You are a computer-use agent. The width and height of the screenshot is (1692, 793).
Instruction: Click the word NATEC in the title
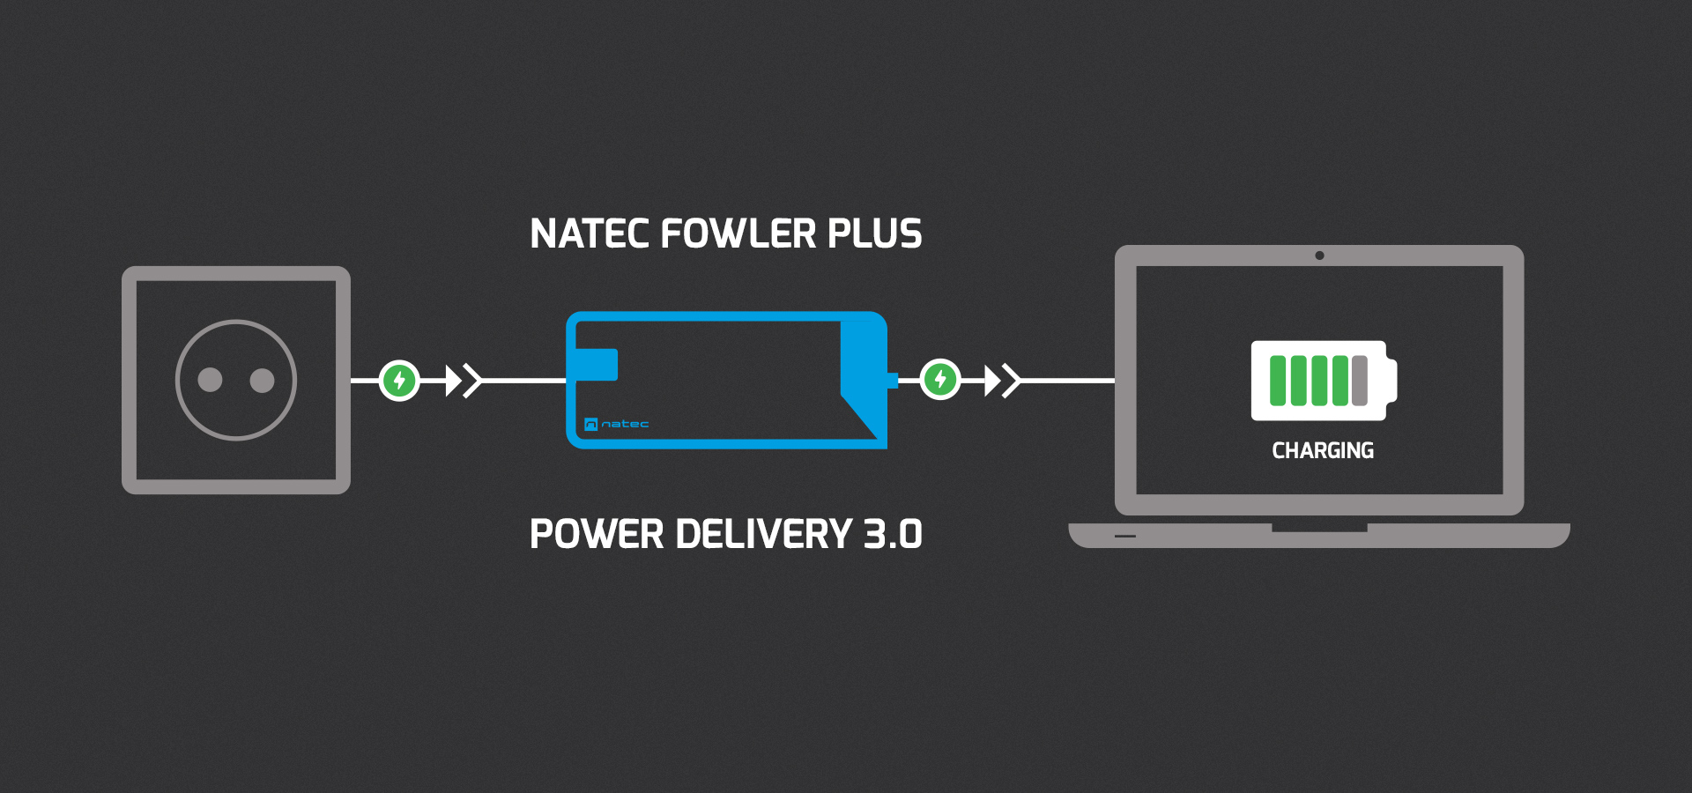pos(590,234)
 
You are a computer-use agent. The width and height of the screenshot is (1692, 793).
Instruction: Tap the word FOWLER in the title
pos(738,234)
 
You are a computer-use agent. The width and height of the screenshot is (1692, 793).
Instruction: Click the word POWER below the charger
pos(597,534)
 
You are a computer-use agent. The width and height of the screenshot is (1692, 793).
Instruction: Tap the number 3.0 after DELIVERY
pos(893,534)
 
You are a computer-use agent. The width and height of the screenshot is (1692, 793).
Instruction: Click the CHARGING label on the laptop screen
pos(1323,450)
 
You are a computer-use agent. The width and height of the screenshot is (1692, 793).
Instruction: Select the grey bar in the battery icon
pos(1360,381)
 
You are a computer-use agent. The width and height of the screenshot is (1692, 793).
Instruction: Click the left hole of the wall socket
pos(210,380)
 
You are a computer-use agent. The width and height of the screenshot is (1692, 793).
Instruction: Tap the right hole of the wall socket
pos(262,380)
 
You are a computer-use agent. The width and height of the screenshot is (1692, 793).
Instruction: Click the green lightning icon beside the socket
pos(399,381)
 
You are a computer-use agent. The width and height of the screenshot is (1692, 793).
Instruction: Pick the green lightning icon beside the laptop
pos(940,380)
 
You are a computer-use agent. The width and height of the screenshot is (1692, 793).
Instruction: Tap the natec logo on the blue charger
pos(617,425)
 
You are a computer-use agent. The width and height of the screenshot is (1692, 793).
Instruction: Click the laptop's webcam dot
pos(1319,256)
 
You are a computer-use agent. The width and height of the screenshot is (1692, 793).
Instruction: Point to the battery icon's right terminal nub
pos(1391,381)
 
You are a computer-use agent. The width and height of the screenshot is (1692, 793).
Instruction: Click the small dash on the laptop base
pos(1125,536)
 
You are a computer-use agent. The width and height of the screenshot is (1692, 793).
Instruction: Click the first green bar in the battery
pos(1278,381)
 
